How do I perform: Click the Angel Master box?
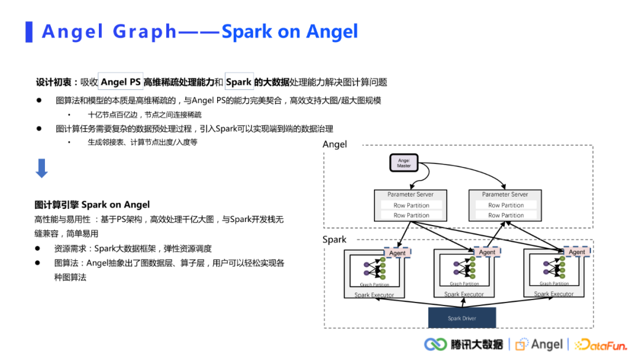coord(404,163)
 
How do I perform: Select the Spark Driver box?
coord(462,318)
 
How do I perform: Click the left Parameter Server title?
coord(411,194)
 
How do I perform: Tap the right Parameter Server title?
coord(505,194)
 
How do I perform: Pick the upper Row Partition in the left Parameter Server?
coord(411,205)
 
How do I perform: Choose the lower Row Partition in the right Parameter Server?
coord(506,216)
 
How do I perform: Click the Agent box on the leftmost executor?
coord(397,253)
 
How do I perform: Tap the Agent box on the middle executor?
coord(487,252)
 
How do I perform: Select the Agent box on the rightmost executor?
coord(577,252)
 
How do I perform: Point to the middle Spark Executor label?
coord(464,294)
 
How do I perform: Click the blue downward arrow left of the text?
coord(41,169)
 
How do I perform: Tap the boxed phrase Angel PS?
coord(121,82)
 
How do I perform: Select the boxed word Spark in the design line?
coord(239,82)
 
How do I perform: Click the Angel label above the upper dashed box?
coord(335,144)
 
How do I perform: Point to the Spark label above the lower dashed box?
coord(334,240)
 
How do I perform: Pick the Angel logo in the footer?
coord(539,345)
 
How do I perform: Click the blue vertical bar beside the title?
coord(29,31)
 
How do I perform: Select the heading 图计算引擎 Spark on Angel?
coord(92,205)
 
